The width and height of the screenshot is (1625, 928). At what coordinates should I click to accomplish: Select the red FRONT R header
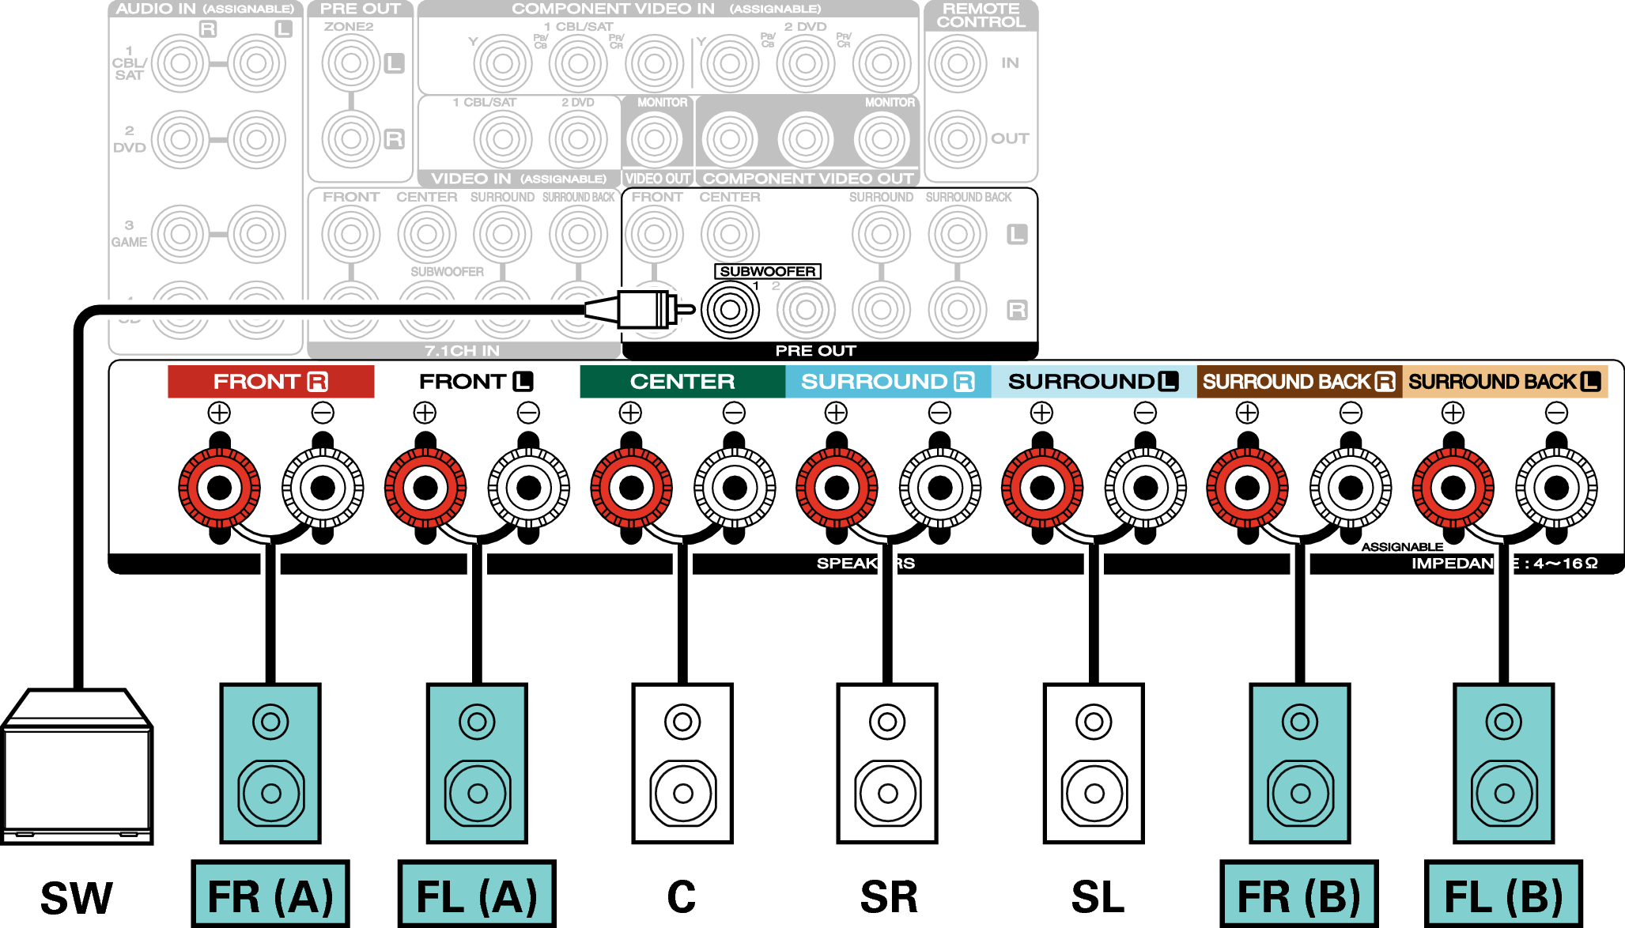[270, 382]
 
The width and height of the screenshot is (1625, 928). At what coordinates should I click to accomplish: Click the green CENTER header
[682, 382]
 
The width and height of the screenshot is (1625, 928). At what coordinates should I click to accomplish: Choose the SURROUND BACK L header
[1505, 382]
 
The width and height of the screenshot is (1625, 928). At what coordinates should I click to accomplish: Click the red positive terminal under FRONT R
[219, 488]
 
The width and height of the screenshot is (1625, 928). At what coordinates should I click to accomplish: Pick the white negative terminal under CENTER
[735, 488]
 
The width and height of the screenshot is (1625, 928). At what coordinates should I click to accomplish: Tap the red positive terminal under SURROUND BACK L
[1453, 488]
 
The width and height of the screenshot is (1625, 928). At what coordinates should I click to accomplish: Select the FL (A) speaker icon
[477, 763]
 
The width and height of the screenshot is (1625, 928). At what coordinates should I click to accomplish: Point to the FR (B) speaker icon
[1300, 763]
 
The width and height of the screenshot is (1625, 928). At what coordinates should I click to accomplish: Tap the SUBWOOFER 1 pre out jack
[730, 309]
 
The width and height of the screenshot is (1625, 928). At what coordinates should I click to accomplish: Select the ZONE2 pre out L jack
[350, 63]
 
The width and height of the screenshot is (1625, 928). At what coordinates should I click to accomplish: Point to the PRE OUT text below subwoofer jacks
[815, 350]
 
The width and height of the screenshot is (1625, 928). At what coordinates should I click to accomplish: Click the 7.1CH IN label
[462, 350]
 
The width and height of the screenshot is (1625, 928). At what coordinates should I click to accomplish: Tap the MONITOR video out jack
[654, 139]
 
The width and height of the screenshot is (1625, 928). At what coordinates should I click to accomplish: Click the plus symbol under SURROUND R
[836, 413]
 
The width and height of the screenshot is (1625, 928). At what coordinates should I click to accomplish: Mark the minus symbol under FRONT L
[528, 413]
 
